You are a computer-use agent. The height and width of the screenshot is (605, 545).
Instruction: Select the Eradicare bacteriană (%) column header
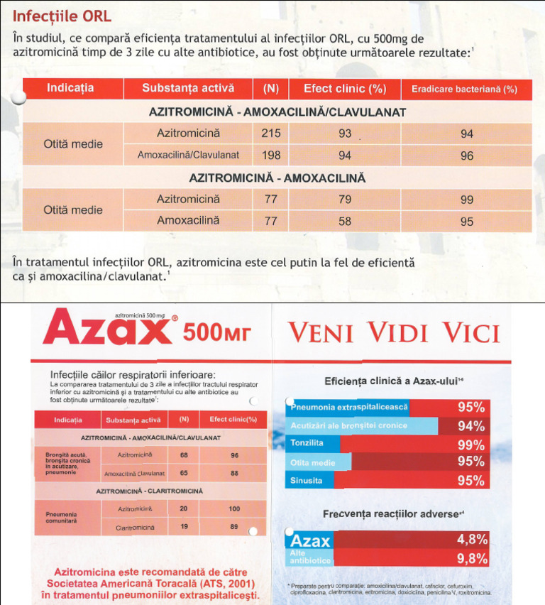[465, 89]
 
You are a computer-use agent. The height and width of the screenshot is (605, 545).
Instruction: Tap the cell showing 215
[271, 133]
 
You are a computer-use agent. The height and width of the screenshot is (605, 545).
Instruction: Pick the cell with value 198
[271, 155]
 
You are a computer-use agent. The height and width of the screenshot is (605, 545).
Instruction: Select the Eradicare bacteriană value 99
[466, 200]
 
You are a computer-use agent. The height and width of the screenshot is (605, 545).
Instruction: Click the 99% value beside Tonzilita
[471, 445]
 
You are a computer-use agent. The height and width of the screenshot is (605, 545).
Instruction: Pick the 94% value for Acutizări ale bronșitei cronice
[471, 426]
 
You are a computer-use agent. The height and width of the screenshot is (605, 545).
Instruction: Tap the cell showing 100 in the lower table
[234, 508]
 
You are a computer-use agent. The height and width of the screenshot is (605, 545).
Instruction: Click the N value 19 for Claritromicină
[184, 528]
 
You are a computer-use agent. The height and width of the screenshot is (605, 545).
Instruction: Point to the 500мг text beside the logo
[217, 332]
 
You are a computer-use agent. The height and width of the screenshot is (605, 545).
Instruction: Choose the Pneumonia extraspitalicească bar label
[348, 407]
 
